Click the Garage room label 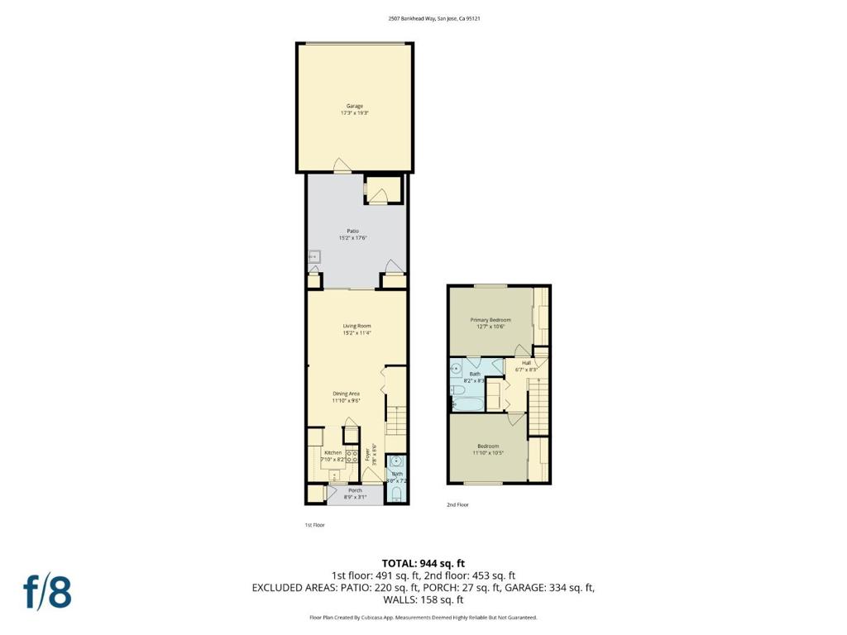pos(354,106)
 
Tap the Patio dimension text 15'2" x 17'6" pos(353,238)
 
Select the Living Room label pos(357,326)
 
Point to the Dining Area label pos(346,394)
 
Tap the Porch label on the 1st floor pos(354,490)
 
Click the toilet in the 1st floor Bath pos(396,495)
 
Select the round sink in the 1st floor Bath pos(396,461)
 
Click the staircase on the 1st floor pos(397,421)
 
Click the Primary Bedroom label pos(490,320)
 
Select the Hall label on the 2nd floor pos(526,362)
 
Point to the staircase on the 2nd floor pos(539,405)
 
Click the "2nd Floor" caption pos(457,504)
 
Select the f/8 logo pos(47,592)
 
